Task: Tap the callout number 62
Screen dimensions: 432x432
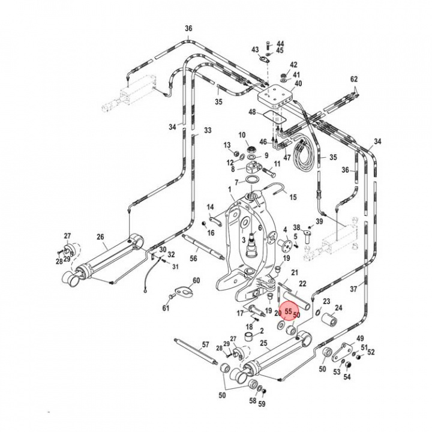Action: tap(353, 79)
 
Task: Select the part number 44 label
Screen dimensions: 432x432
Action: tap(280, 44)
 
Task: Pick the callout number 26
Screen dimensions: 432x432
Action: tap(100, 236)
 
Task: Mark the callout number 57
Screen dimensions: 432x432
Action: tap(206, 345)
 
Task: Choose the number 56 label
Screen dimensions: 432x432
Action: tap(176, 259)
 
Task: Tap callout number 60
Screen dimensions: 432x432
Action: tap(196, 281)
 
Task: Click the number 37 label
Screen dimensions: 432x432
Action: tap(370, 289)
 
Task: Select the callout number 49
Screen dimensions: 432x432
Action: tap(360, 338)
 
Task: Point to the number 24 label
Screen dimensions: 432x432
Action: tap(338, 308)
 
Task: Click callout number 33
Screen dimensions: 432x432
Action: tap(208, 130)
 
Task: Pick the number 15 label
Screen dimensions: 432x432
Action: tap(293, 197)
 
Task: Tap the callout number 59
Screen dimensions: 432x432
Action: tap(261, 404)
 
